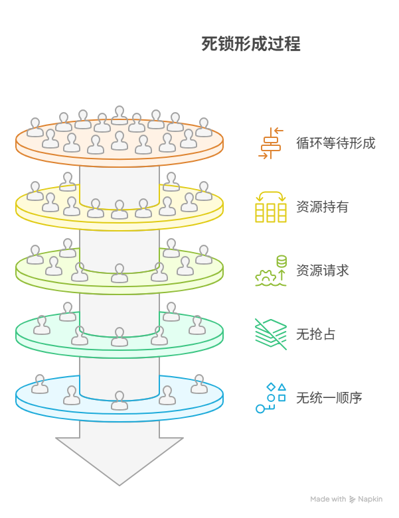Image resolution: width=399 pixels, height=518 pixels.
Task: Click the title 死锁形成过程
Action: tap(251, 44)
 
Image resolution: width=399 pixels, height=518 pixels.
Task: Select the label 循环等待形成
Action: tap(335, 143)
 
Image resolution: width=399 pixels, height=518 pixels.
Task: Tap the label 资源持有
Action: tap(322, 207)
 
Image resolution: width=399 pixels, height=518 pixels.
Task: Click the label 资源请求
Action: tap(322, 271)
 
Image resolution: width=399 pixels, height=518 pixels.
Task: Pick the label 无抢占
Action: tap(315, 334)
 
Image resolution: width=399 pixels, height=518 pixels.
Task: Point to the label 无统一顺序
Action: tap(329, 398)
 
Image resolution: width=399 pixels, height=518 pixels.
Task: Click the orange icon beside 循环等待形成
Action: tap(271, 143)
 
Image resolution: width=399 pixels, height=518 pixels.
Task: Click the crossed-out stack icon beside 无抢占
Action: tap(271, 334)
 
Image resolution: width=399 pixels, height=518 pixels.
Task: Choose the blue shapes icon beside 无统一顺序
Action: tap(271, 398)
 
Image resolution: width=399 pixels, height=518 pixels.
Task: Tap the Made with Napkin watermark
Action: tap(346, 499)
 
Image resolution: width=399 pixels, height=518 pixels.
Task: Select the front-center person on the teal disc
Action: tap(120, 337)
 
